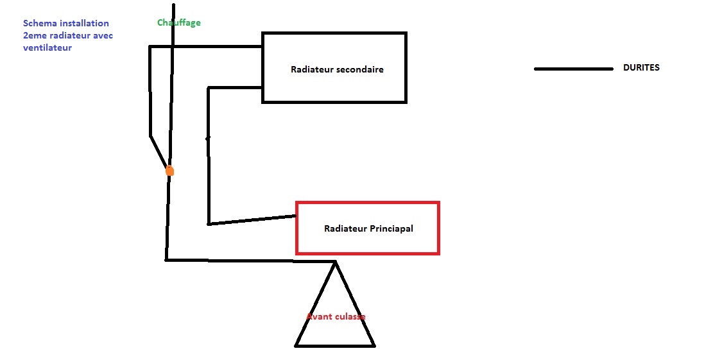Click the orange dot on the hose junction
[169, 171]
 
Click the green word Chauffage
[179, 22]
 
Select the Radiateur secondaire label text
[337, 69]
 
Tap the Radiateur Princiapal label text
[368, 228]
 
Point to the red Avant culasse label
[336, 316]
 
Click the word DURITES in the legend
[641, 67]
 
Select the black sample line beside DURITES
[573, 69]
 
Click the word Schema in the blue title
[40, 23]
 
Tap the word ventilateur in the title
[47, 47]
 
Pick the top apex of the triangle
[335, 261]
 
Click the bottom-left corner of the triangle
[296, 346]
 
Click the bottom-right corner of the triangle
[374, 346]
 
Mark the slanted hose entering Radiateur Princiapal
[252, 220]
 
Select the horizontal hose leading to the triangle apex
[250, 261]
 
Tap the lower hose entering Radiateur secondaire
[235, 87]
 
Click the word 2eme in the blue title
[34, 35]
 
